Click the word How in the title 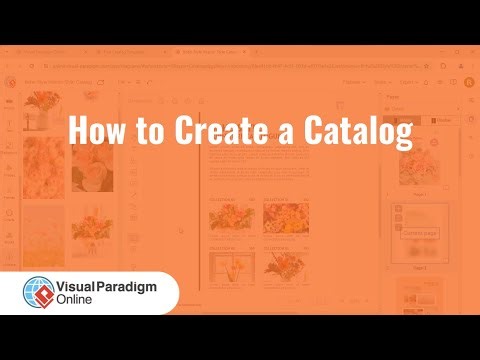(95, 130)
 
